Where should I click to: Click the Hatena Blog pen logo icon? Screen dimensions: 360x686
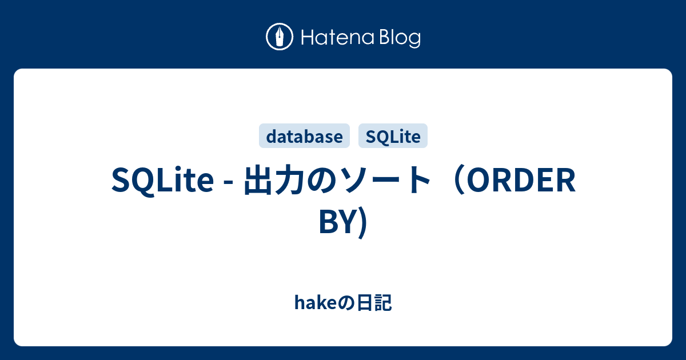coord(280,38)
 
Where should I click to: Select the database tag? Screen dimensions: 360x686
coord(304,137)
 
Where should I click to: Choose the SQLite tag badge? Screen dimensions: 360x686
coord(393,137)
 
